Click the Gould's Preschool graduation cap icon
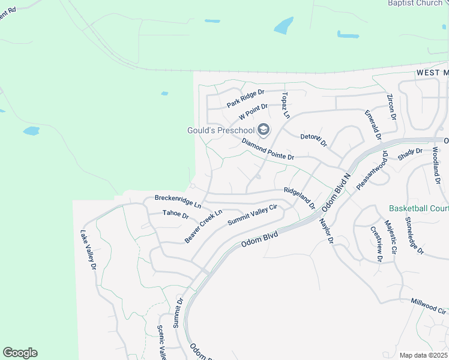(x=263, y=129)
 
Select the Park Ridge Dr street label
(x=246, y=98)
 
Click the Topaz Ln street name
(x=286, y=105)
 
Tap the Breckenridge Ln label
(x=178, y=197)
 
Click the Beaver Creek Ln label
(x=203, y=226)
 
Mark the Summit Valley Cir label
(x=252, y=215)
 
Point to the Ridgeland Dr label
(x=300, y=197)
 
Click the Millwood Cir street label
(x=429, y=306)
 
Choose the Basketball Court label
(x=418, y=209)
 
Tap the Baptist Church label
(x=415, y=3)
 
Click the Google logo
(x=20, y=353)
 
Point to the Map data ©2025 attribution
(x=423, y=355)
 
